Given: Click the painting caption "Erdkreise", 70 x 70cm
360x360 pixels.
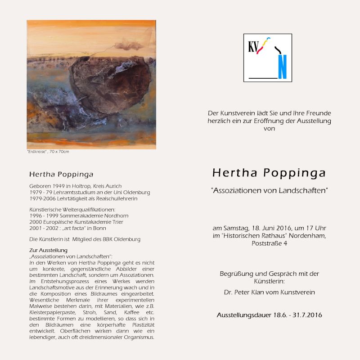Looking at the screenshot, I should (x=48, y=152).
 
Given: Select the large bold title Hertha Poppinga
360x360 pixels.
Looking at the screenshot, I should (x=269, y=173).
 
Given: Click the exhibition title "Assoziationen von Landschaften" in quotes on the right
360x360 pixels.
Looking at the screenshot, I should (x=269, y=190).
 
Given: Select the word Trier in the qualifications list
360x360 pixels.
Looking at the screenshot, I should (x=117, y=222).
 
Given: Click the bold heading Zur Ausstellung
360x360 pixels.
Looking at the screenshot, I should (x=48, y=250).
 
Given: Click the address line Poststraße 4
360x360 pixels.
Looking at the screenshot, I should (x=269, y=243).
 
